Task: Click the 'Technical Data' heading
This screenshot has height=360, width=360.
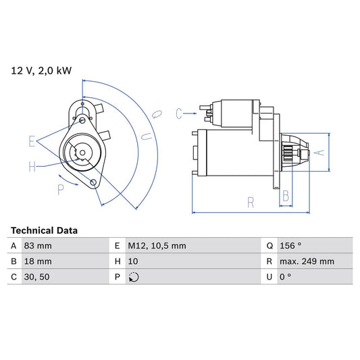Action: click(45, 230)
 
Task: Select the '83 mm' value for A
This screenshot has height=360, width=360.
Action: click(38, 246)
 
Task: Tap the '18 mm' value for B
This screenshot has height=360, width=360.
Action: click(38, 261)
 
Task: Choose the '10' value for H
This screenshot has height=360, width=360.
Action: click(133, 261)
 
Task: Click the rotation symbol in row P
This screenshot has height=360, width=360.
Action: click(133, 276)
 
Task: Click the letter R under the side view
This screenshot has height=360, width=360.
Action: click(251, 201)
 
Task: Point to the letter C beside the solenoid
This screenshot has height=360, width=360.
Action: click(179, 113)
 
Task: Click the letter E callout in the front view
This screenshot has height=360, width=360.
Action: click(32, 141)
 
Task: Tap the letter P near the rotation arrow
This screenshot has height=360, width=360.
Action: click(61, 190)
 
